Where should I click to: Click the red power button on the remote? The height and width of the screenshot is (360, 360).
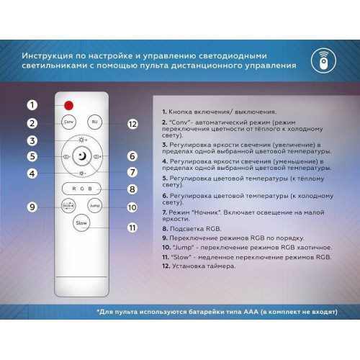(68, 105)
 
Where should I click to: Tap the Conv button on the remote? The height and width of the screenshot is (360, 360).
(68, 122)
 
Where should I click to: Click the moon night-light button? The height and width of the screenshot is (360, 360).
(82, 156)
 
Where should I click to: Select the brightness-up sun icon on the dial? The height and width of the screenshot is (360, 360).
(82, 140)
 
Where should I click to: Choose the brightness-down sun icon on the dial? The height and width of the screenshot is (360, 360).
(82, 173)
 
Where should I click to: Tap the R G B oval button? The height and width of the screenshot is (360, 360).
(81, 189)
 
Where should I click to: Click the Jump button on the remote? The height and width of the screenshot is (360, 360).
(94, 206)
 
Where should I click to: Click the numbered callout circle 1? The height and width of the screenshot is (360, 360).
(32, 105)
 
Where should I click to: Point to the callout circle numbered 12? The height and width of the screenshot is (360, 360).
(132, 124)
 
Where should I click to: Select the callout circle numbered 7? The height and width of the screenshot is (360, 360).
(132, 172)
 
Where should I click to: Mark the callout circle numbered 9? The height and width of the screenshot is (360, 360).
(32, 207)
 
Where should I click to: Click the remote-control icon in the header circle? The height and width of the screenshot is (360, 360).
(323, 60)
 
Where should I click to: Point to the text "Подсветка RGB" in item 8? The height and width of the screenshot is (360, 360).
(195, 229)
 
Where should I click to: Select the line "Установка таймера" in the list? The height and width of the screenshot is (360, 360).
(204, 266)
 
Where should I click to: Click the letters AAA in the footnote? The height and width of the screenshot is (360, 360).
(251, 312)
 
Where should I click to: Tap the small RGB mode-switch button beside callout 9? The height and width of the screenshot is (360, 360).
(68, 206)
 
